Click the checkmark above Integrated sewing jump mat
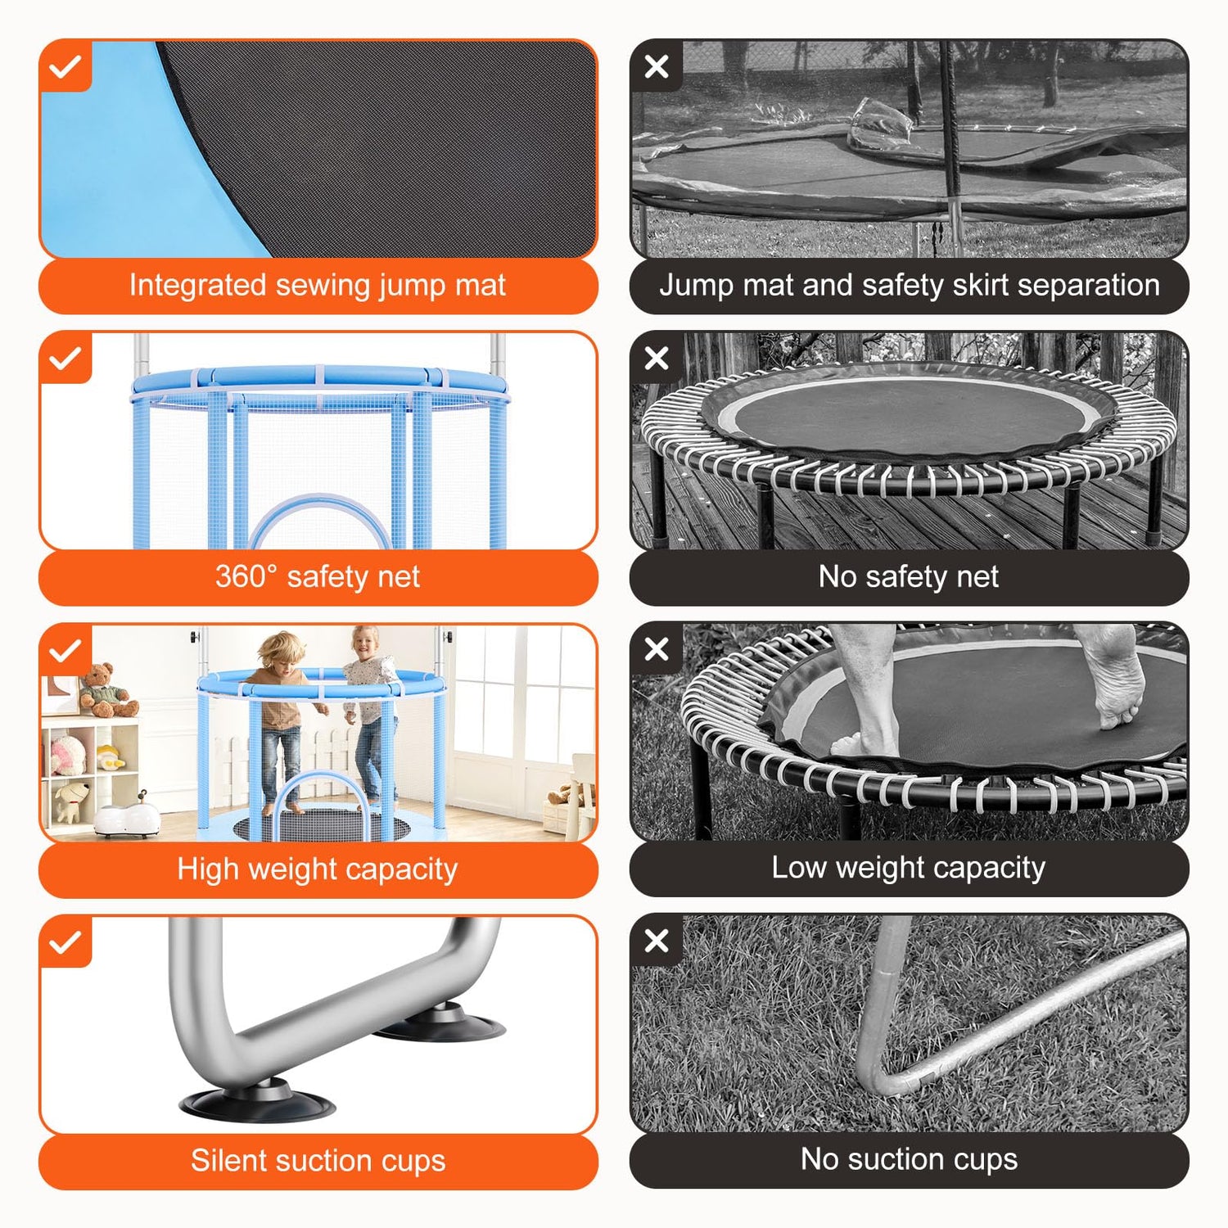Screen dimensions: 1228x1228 pos(65,66)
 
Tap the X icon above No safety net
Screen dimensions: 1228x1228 pos(657,359)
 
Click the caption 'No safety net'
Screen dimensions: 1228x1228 pos(909,577)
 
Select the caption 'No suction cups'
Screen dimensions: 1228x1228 pos(909,1159)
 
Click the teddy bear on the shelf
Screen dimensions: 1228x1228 pos(106,690)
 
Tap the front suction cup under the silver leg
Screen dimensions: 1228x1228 pos(257,1099)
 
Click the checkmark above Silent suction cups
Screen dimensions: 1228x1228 pos(65,942)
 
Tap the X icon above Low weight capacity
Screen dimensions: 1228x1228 pos(657,650)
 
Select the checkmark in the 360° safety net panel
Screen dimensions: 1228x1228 pos(65,359)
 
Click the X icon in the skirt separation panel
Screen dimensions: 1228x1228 pos(657,66)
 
